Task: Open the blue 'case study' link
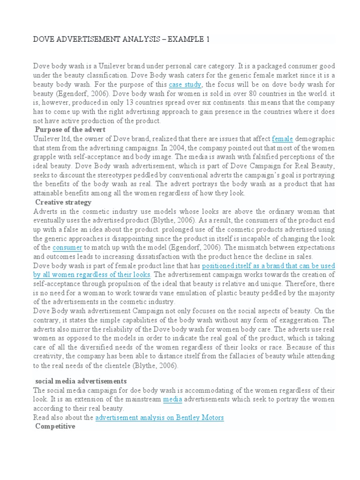pyautogui.click(x=185, y=85)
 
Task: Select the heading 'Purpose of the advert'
pyautogui.click(x=70, y=129)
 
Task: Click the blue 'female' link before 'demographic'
pyautogui.click(x=283, y=139)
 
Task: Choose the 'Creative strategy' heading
pyautogui.click(x=63, y=202)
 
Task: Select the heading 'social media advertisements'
pyautogui.click(x=81, y=381)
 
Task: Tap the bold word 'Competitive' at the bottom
pyautogui.click(x=55, y=427)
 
